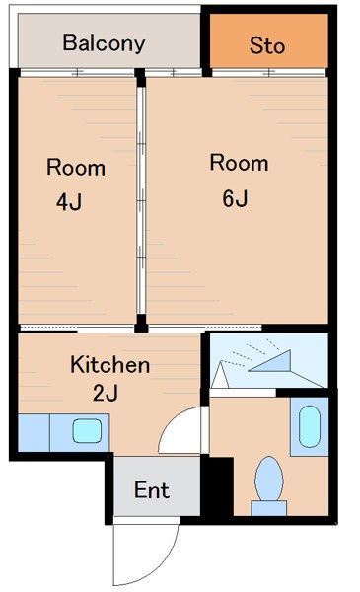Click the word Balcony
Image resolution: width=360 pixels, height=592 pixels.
click(x=104, y=43)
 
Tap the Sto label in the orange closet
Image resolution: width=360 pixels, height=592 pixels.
click(x=266, y=45)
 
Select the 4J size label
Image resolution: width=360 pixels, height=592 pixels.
click(x=68, y=203)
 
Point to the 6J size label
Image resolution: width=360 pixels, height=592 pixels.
click(x=235, y=197)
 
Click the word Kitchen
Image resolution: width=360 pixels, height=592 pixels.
click(x=109, y=365)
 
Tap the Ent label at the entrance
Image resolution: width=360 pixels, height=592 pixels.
click(x=151, y=490)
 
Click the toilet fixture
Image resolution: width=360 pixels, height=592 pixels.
click(x=268, y=481)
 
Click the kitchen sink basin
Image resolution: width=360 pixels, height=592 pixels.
click(x=87, y=430)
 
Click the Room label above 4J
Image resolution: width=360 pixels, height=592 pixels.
click(x=76, y=167)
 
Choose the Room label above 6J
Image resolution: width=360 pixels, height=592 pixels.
click(x=239, y=163)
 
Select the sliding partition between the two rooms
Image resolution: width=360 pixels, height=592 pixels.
click(x=141, y=197)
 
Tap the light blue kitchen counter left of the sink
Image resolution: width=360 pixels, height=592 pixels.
click(x=34, y=431)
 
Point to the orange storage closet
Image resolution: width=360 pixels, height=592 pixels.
click(x=266, y=39)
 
